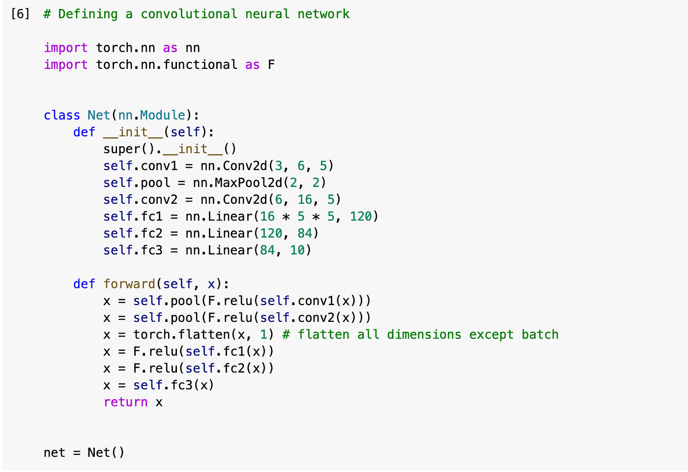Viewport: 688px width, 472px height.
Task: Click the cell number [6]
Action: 20,14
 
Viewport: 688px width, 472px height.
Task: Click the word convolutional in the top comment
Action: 189,14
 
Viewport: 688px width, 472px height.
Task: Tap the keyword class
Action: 61,115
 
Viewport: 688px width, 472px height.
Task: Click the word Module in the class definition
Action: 162,115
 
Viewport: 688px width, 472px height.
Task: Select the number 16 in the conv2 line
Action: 305,199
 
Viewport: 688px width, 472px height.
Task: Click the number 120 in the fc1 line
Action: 361,216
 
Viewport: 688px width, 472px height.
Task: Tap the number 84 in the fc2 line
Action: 305,233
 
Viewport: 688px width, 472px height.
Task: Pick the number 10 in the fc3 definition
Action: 297,250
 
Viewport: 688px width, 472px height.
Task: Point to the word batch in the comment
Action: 540,335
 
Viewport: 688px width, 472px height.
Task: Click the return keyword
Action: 125,402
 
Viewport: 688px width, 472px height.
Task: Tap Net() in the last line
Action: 106,452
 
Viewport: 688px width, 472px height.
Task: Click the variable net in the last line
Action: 54,452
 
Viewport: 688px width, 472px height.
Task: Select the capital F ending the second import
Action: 271,64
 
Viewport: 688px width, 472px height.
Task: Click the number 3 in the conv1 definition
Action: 279,166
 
